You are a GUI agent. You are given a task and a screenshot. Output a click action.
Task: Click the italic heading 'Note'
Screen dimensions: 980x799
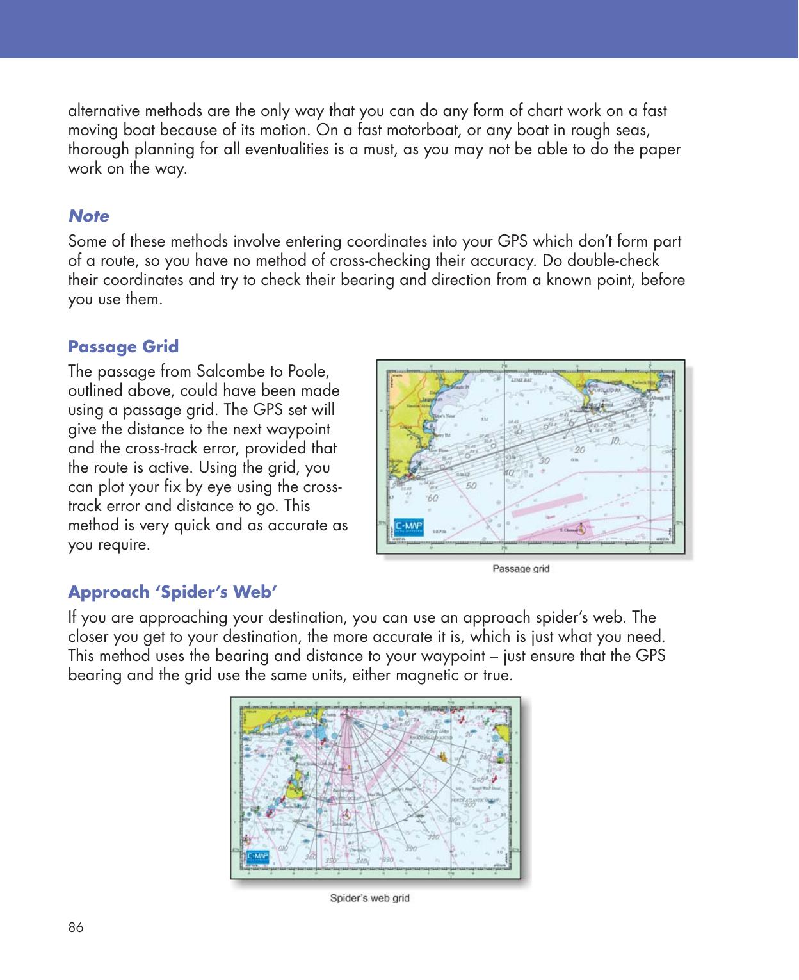tap(88, 216)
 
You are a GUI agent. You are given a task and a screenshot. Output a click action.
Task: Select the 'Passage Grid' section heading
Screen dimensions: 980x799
tap(123, 347)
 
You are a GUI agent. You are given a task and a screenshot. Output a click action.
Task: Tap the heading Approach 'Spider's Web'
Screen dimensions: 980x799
tap(172, 591)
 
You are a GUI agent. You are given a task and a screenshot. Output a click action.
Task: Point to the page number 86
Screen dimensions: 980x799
tap(76, 927)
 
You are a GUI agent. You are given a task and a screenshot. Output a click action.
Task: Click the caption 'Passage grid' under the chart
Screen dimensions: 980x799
tap(521, 568)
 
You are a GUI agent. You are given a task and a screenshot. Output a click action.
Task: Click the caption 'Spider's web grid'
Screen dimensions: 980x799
tap(369, 897)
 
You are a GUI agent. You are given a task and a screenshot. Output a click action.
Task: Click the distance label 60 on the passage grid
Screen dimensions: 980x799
tap(433, 497)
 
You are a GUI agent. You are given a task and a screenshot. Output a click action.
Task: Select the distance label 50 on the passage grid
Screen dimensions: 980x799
tap(471, 486)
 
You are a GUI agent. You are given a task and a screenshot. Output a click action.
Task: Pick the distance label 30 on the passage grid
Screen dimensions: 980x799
tap(545, 461)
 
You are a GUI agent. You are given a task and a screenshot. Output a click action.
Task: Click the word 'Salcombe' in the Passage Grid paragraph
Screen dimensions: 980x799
tap(225, 372)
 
